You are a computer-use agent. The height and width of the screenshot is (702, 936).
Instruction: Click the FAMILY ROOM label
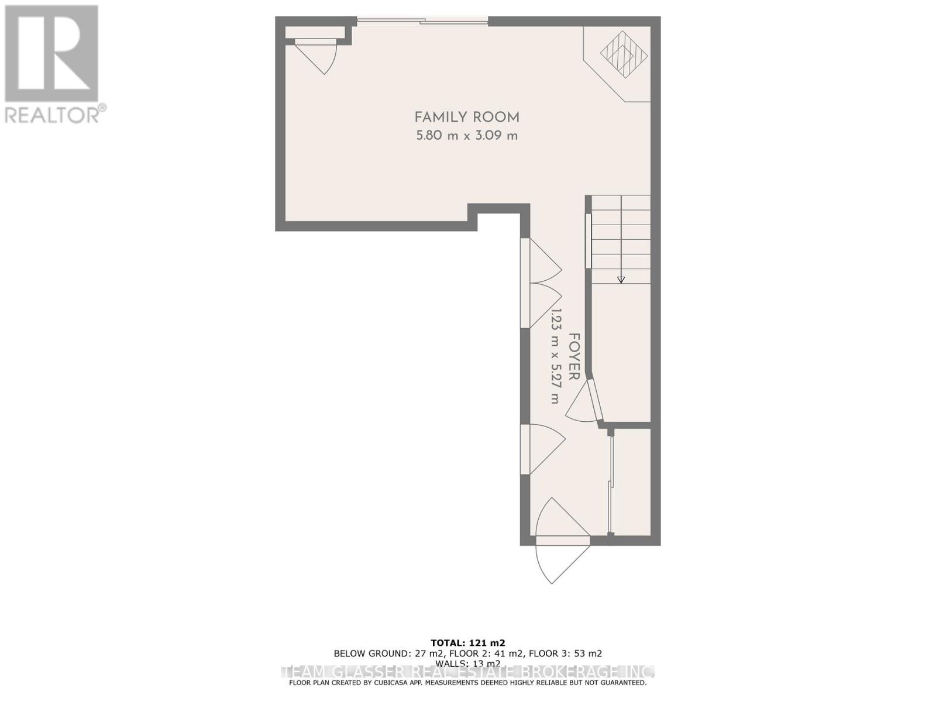[x=467, y=117]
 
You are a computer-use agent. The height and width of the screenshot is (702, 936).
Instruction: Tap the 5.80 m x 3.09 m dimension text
[x=467, y=136]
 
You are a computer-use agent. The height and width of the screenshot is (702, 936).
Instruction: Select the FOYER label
[x=574, y=357]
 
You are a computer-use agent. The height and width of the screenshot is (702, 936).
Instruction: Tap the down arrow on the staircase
[x=621, y=280]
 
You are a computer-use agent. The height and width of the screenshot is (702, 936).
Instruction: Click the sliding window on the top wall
[x=422, y=22]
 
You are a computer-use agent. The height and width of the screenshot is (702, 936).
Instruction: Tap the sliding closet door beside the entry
[x=610, y=483]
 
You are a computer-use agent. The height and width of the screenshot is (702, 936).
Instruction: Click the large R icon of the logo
[x=51, y=53]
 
